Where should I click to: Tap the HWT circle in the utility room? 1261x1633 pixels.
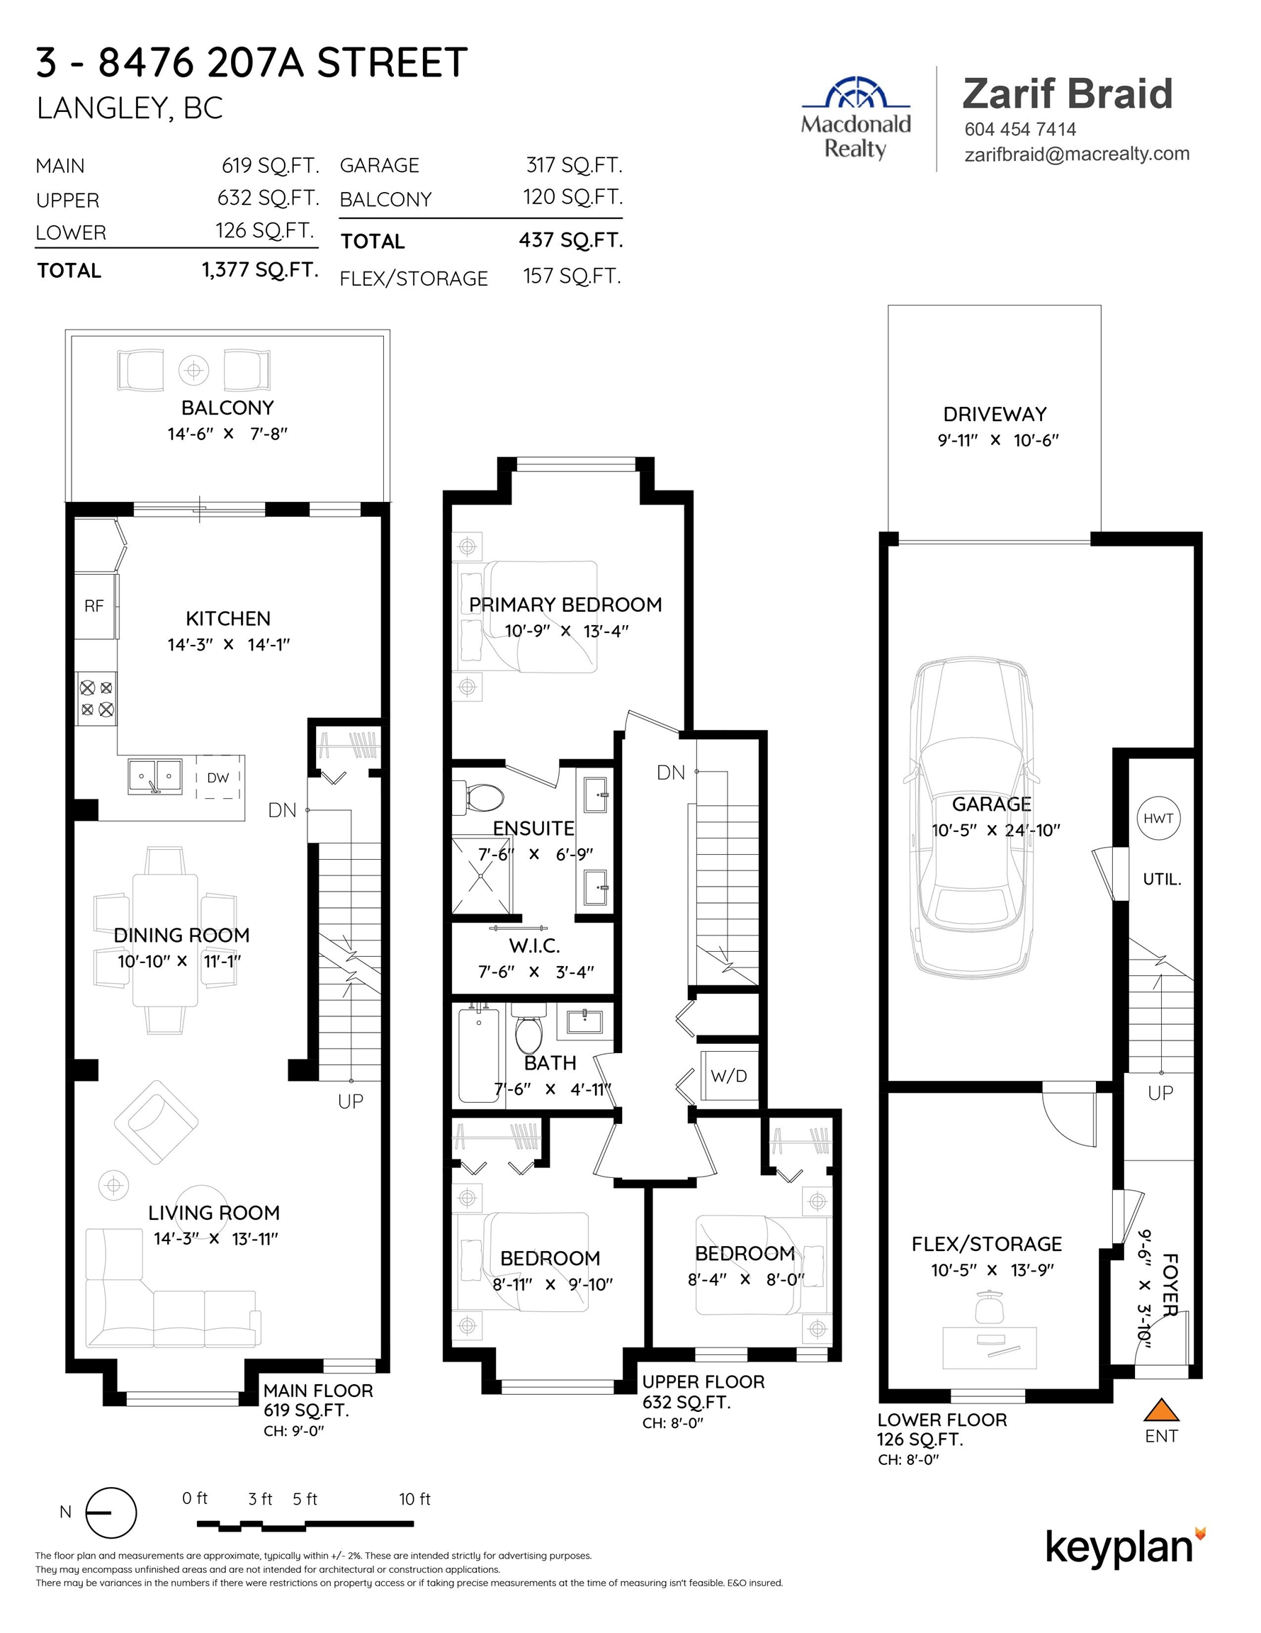point(1158,819)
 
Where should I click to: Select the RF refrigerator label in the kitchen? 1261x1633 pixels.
point(94,607)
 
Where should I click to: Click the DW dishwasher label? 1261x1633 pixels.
point(218,778)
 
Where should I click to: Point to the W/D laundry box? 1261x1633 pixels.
point(729,1076)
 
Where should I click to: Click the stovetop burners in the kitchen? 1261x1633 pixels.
point(97,698)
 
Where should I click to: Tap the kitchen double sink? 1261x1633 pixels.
point(154,777)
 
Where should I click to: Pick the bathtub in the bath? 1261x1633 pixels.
point(478,1055)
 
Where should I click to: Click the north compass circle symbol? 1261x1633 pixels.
point(111,1513)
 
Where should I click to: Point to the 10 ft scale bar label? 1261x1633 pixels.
point(415,1498)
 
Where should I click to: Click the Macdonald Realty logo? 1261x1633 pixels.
point(856,118)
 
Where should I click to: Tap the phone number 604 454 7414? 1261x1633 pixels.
point(1020,130)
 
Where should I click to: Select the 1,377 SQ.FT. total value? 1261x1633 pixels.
point(260,269)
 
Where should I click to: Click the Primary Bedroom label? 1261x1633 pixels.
point(565,604)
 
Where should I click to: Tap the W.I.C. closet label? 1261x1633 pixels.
point(534,946)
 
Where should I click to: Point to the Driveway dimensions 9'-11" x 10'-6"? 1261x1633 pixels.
point(998,440)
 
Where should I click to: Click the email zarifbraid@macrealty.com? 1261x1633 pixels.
point(1077,154)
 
